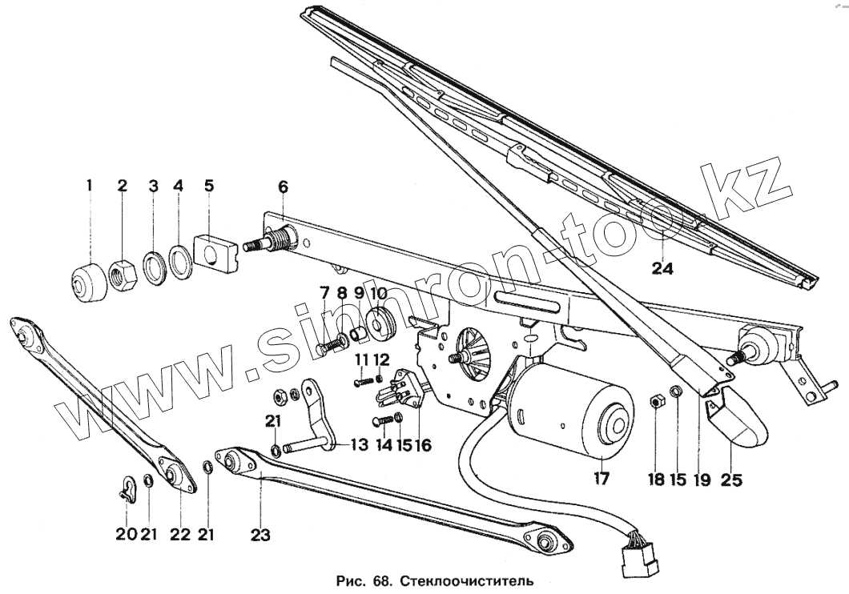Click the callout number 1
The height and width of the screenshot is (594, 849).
coord(90,185)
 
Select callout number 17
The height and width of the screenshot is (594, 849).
coord(602,480)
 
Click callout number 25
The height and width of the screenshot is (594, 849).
coord(731,480)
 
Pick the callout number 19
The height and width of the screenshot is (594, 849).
coord(703,480)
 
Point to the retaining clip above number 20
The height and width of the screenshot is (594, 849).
coord(127,487)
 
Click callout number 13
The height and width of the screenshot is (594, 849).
coord(360,445)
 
